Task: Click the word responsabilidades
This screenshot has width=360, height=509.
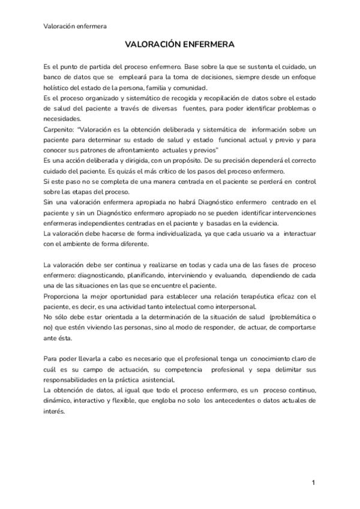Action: coord(75,379)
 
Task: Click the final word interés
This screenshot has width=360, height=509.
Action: coord(54,411)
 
